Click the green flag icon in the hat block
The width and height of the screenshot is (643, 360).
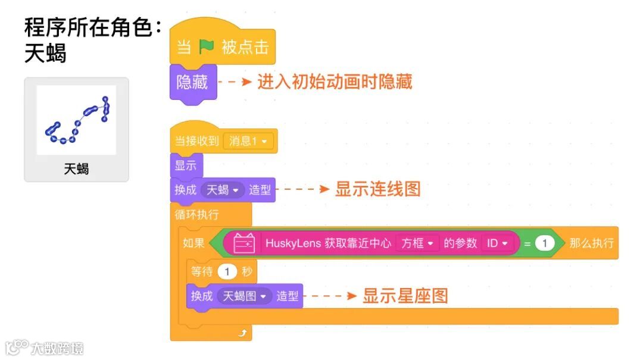coord(207,47)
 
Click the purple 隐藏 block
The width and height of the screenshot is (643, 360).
coord(192,82)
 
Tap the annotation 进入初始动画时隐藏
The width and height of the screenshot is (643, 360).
coord(335,82)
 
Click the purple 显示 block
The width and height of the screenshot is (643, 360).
coord(186,165)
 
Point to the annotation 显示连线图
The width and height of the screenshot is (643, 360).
coord(377,189)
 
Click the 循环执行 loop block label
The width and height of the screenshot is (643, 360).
coord(196,214)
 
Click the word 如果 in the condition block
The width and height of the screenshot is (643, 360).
coord(193,243)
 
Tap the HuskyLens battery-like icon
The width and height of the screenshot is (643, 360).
coord(244,243)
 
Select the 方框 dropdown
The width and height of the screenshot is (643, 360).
coord(417,243)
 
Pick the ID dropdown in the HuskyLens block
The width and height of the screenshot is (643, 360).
coord(497,243)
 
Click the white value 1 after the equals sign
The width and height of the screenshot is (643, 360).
coord(544,243)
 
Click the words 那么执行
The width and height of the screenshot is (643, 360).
coord(591,243)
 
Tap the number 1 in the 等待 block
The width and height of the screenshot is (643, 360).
coord(227,272)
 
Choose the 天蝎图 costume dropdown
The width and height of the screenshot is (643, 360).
coord(244,296)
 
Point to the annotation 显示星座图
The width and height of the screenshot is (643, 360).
coord(405,296)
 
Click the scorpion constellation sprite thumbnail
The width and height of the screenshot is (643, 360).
coord(76,121)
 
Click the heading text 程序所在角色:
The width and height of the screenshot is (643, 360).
coord(93,27)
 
